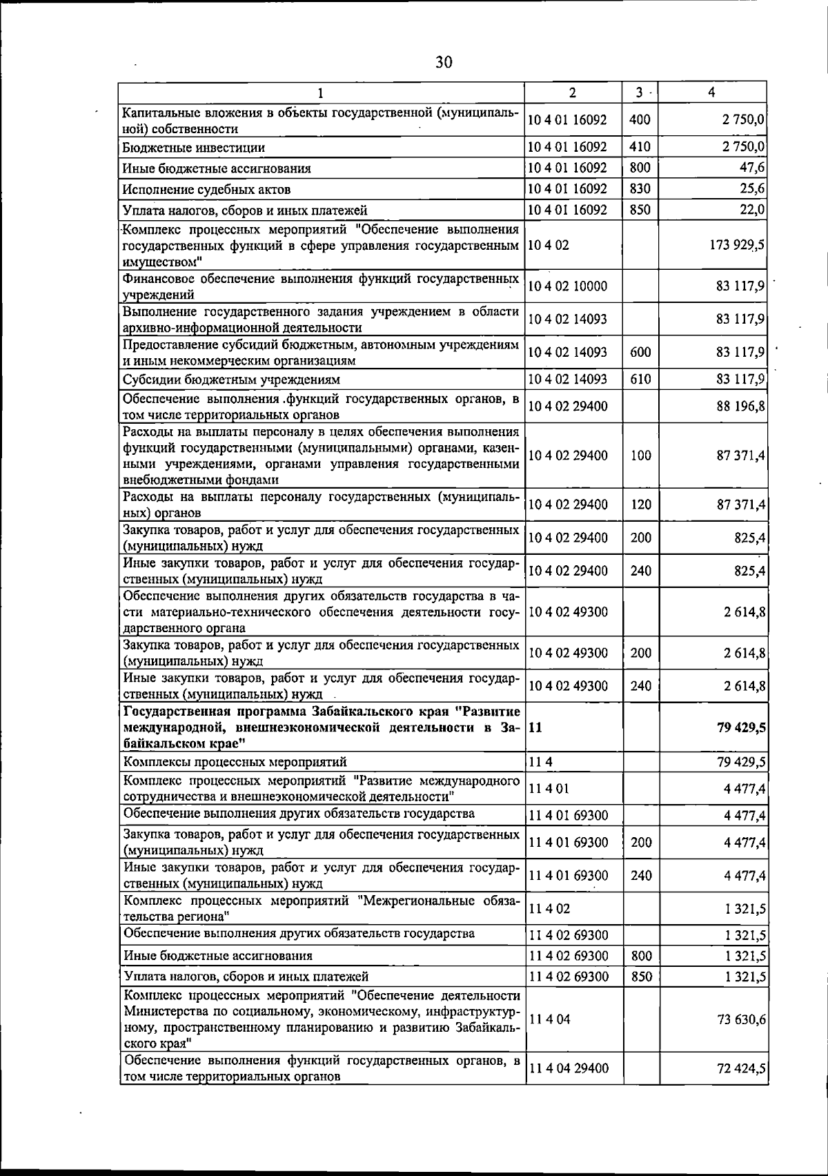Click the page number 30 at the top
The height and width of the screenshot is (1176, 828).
pyautogui.click(x=444, y=63)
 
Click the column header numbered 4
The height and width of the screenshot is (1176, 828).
pyautogui.click(x=711, y=92)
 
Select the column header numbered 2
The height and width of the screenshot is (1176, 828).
pyautogui.click(x=573, y=92)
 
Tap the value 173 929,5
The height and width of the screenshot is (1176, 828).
pyautogui.click(x=738, y=244)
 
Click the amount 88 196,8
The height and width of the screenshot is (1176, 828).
pyautogui.click(x=740, y=406)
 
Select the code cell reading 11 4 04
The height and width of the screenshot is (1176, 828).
pyautogui.click(x=550, y=1019)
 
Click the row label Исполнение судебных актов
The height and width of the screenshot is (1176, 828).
pyautogui.click(x=206, y=189)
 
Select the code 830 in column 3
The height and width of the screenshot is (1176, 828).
pyautogui.click(x=640, y=189)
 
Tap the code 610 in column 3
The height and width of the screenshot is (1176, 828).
pyautogui.click(x=640, y=380)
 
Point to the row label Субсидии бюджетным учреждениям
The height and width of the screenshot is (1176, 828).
pyautogui.click(x=231, y=380)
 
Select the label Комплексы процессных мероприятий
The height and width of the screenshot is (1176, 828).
pyautogui.click(x=235, y=762)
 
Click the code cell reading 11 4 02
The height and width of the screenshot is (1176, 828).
pyautogui.click(x=550, y=909)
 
